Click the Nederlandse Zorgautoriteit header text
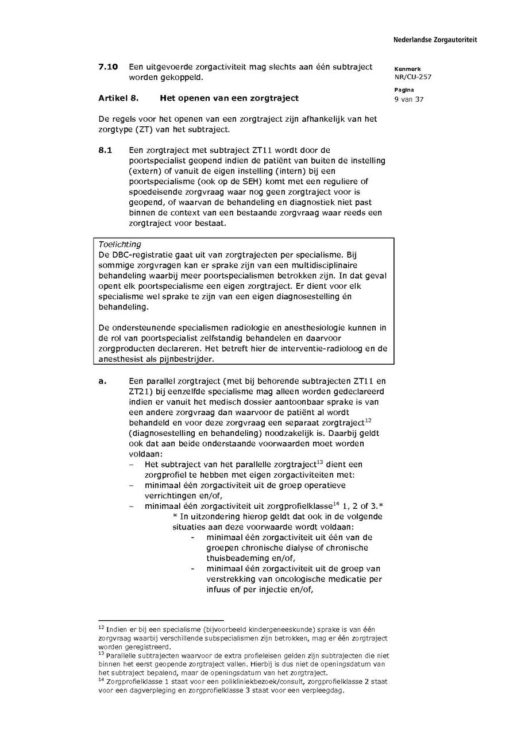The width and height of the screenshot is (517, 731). pyautogui.click(x=435, y=40)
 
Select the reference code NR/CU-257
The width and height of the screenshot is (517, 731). pyautogui.click(x=412, y=77)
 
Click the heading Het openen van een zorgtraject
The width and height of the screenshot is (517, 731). pyautogui.click(x=229, y=98)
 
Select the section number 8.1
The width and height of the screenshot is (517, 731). pyautogui.click(x=105, y=150)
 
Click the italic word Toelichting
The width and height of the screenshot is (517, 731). pyautogui.click(x=119, y=244)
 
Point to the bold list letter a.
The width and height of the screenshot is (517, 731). pyautogui.click(x=102, y=381)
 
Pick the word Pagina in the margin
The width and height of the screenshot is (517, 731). pyautogui.click(x=403, y=90)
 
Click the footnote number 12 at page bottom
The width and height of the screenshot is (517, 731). pyautogui.click(x=101, y=628)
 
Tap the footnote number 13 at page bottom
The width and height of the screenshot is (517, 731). pyautogui.click(x=101, y=653)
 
